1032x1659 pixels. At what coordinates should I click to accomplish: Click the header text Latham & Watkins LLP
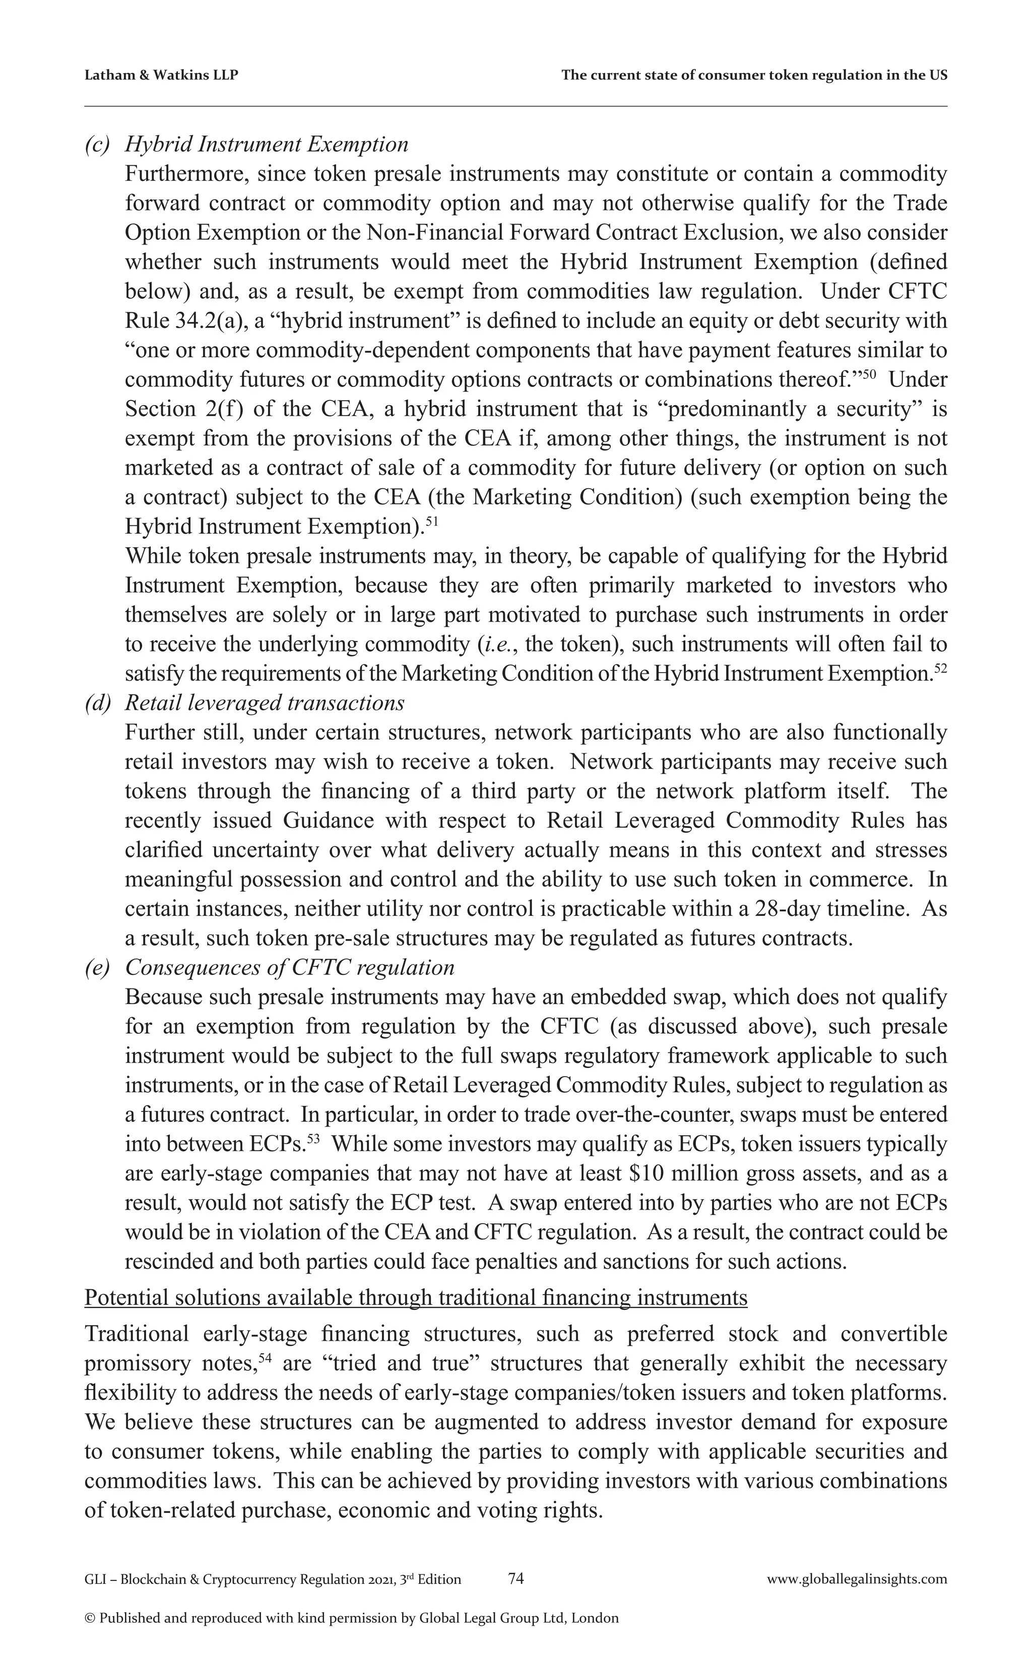point(161,76)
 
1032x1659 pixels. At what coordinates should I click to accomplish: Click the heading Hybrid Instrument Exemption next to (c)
point(267,144)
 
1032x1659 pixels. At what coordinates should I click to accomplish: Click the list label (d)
point(97,703)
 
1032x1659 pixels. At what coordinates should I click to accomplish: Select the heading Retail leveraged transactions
point(265,703)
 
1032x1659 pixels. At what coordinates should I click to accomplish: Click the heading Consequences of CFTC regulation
point(290,968)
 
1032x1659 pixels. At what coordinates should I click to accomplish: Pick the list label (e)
point(97,968)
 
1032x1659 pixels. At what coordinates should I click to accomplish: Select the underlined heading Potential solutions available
point(416,1297)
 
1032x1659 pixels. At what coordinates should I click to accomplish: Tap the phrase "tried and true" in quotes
point(395,1363)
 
